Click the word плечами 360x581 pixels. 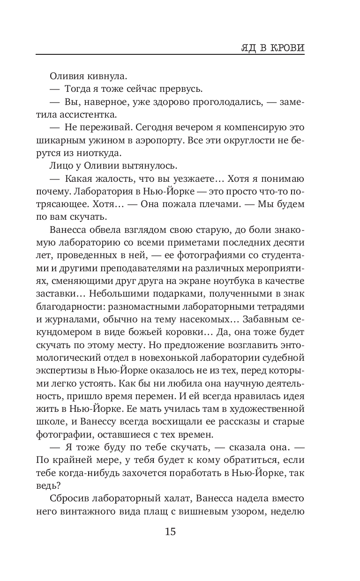click(212, 204)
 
